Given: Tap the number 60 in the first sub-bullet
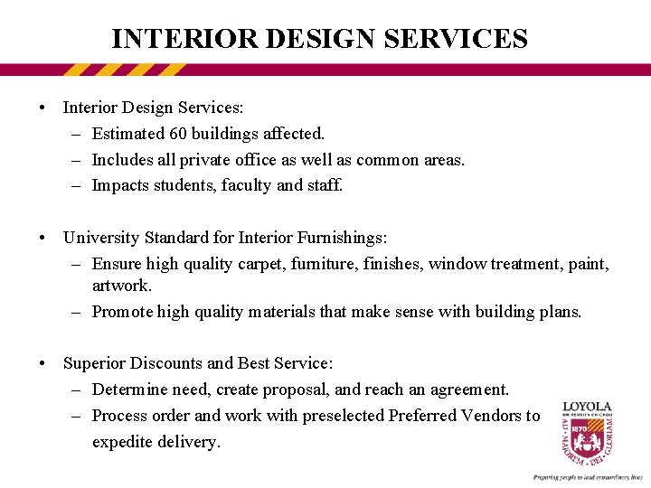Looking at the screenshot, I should [x=178, y=134].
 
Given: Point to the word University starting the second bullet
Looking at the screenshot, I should [x=99, y=238].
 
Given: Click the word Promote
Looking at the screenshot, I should [x=122, y=312].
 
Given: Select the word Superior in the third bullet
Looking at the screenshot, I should [x=94, y=363].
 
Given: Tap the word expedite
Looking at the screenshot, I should [x=123, y=442].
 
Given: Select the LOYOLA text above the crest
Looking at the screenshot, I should [x=588, y=408].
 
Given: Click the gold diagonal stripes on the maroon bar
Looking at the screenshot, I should [x=126, y=70].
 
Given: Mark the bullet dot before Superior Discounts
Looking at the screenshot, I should [x=43, y=363].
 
